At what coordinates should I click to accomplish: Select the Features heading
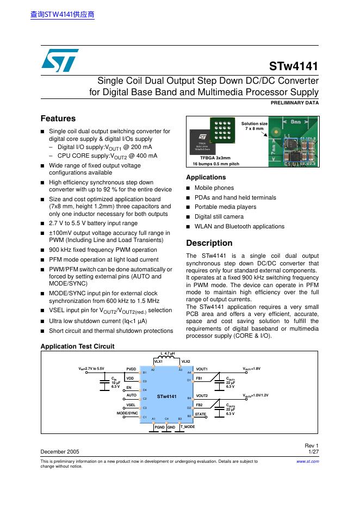58,119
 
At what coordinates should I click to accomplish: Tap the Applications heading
206,177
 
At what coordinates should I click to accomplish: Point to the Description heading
209,243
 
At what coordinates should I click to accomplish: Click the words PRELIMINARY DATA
294,102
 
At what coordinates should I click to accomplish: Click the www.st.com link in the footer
307,461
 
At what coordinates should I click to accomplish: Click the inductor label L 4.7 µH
168,353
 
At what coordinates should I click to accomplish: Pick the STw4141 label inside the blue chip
167,397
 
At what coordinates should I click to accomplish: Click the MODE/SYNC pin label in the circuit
127,414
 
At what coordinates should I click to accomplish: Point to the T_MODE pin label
188,427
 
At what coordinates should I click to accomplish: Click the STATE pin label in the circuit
201,414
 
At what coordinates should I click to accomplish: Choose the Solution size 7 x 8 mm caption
255,126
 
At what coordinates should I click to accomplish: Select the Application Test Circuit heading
77,346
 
